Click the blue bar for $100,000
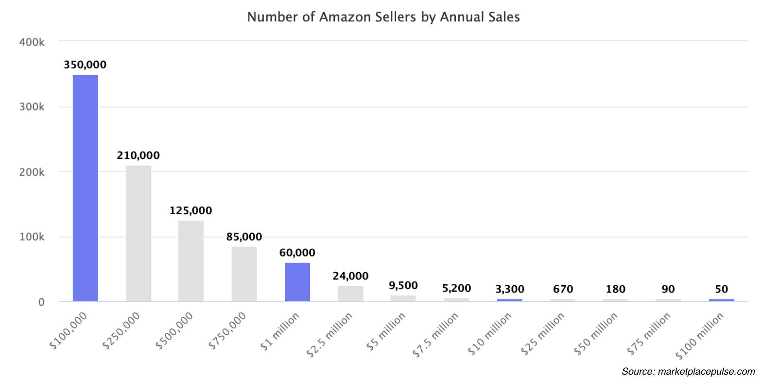click(86, 188)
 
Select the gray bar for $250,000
click(139, 233)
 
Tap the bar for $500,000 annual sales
click(191, 261)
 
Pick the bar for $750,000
click(244, 274)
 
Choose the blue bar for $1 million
click(297, 282)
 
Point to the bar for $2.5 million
click(350, 294)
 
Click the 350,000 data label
click(85, 65)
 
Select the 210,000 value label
click(138, 155)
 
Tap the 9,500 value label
click(403, 285)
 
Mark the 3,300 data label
click(510, 289)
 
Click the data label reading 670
click(563, 289)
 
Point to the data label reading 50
click(722, 289)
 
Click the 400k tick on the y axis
click(32, 42)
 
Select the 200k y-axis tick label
click(32, 172)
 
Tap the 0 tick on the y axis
click(41, 302)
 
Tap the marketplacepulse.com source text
click(706, 372)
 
